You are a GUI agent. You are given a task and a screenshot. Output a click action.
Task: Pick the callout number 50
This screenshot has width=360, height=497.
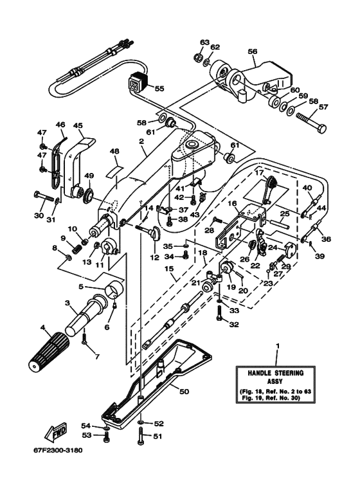pos(183,391)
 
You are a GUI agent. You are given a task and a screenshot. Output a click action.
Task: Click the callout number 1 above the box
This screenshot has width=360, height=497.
pos(278,348)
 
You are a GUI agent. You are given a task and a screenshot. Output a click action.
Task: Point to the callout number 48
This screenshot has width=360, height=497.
pos(114,152)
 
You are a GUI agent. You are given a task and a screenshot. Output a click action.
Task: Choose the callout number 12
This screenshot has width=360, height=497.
pos(154,257)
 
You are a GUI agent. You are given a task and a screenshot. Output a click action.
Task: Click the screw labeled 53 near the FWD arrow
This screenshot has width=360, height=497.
pos(107,436)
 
